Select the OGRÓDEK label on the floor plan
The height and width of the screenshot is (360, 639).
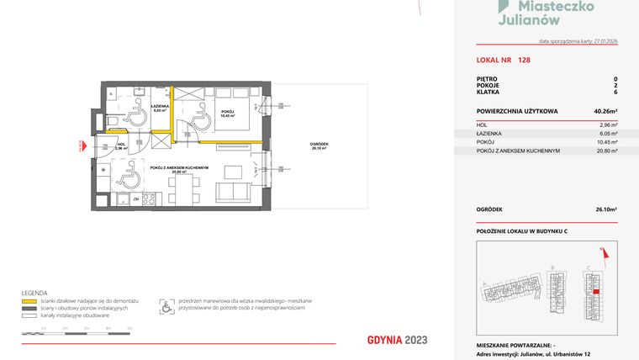pos(319,144)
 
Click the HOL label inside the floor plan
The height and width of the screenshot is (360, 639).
pos(121,145)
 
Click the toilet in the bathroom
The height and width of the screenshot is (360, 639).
pos(114,124)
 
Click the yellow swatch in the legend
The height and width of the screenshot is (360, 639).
pos(29,300)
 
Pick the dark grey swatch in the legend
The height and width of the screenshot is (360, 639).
pos(29,307)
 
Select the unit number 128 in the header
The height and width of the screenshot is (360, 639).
pos(525,61)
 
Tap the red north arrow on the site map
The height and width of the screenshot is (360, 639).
pos(601,250)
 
